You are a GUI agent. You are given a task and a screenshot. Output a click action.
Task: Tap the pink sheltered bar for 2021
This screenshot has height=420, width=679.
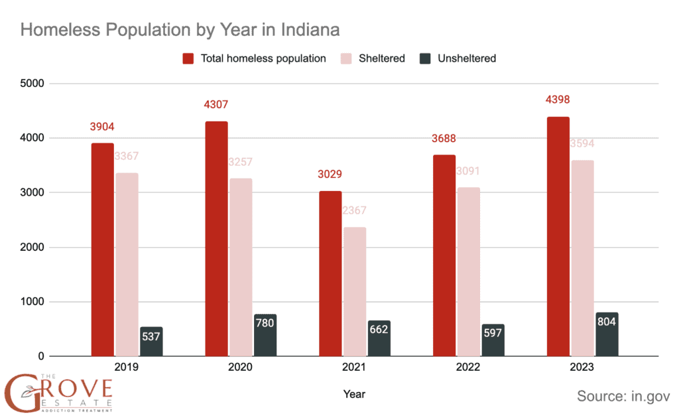coord(355,292)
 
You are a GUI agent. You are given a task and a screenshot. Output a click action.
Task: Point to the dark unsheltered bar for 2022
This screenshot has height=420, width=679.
coord(493,340)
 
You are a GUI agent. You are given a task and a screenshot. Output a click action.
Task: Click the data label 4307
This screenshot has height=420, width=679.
coord(216,105)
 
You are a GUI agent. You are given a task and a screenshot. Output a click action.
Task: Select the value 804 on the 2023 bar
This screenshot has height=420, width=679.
coord(607,322)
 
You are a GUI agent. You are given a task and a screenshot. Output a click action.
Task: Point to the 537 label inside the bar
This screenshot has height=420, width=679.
coord(151,336)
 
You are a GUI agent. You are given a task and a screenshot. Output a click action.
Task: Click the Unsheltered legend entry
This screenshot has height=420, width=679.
coord(466,58)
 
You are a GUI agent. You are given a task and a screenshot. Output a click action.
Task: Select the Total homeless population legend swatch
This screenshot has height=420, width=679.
coord(188,58)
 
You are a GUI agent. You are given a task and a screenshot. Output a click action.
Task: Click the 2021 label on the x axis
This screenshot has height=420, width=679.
coord(354,368)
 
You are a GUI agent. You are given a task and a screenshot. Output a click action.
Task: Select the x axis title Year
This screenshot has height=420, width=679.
coord(354,394)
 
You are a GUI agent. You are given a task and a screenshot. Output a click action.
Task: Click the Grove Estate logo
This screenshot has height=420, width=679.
coord(58,392)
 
